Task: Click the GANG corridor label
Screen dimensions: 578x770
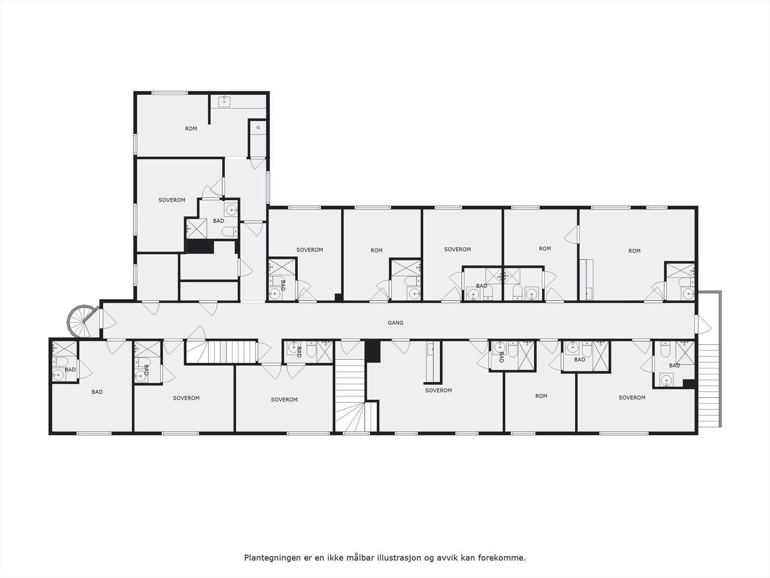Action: tap(395, 323)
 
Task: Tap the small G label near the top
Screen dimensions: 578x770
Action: tap(258, 128)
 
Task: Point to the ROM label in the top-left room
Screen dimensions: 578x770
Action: tap(191, 129)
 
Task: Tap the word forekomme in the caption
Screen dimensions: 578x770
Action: tap(505, 558)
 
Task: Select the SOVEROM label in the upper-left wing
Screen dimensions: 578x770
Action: tap(172, 200)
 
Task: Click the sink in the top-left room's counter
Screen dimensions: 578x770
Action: tap(224, 101)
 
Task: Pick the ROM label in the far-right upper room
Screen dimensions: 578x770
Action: tap(634, 251)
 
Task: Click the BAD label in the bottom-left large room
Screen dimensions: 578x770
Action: tap(97, 392)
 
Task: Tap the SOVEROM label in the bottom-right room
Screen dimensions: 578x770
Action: tap(632, 398)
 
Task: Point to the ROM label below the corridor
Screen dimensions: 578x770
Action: tap(541, 396)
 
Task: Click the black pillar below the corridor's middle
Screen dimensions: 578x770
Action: tap(372, 351)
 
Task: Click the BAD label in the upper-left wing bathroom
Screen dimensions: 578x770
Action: tap(218, 221)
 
